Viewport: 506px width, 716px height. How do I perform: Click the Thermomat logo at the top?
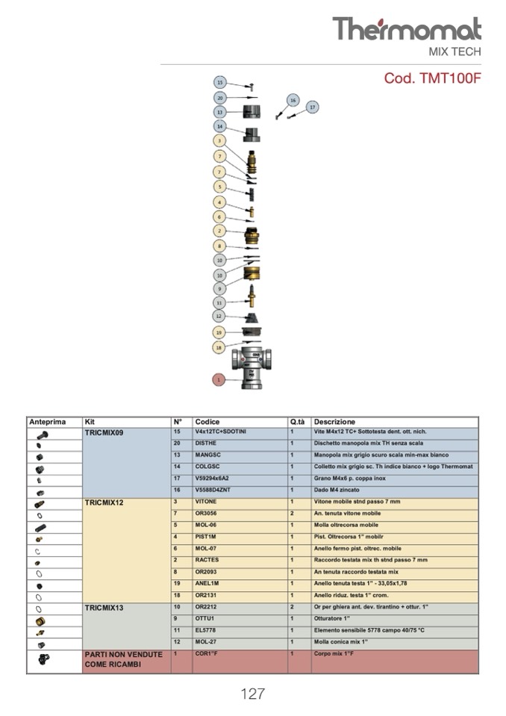[x=406, y=30]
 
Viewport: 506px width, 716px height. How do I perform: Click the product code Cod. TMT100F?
[x=432, y=78]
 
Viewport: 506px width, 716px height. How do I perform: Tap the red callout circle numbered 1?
[x=219, y=379]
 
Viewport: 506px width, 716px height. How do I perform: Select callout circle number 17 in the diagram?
[x=312, y=107]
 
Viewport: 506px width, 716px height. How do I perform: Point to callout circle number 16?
[x=293, y=99]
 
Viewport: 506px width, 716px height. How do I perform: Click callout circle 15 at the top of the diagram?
[x=219, y=82]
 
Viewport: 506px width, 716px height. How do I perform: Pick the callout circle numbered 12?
[x=219, y=316]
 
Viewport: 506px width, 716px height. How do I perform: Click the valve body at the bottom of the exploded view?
[x=252, y=366]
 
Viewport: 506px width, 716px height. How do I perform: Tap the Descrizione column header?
[x=334, y=422]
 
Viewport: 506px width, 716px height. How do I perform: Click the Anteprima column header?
[x=48, y=422]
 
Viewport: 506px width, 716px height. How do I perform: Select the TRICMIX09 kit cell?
[x=104, y=432]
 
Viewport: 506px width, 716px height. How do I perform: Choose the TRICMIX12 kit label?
[x=104, y=502]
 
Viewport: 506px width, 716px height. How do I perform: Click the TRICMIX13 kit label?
[x=104, y=608]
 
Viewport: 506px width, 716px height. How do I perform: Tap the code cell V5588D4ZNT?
[x=213, y=491]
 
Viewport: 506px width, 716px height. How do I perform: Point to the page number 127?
[x=252, y=694]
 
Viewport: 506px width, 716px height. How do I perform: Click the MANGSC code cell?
[x=208, y=455]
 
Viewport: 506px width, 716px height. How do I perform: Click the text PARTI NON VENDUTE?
[x=123, y=655]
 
